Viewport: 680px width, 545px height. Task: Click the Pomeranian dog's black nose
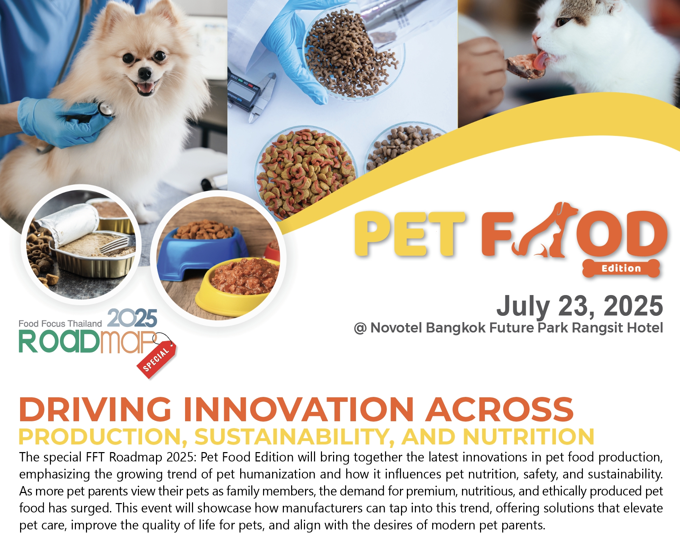[145, 73]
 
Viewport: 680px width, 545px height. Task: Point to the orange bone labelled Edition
[621, 268]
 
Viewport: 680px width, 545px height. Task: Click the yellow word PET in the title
[409, 234]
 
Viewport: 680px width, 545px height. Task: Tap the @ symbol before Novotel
[360, 328]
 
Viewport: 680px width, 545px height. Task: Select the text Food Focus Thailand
[60, 323]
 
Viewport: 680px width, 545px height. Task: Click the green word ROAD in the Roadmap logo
[59, 341]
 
